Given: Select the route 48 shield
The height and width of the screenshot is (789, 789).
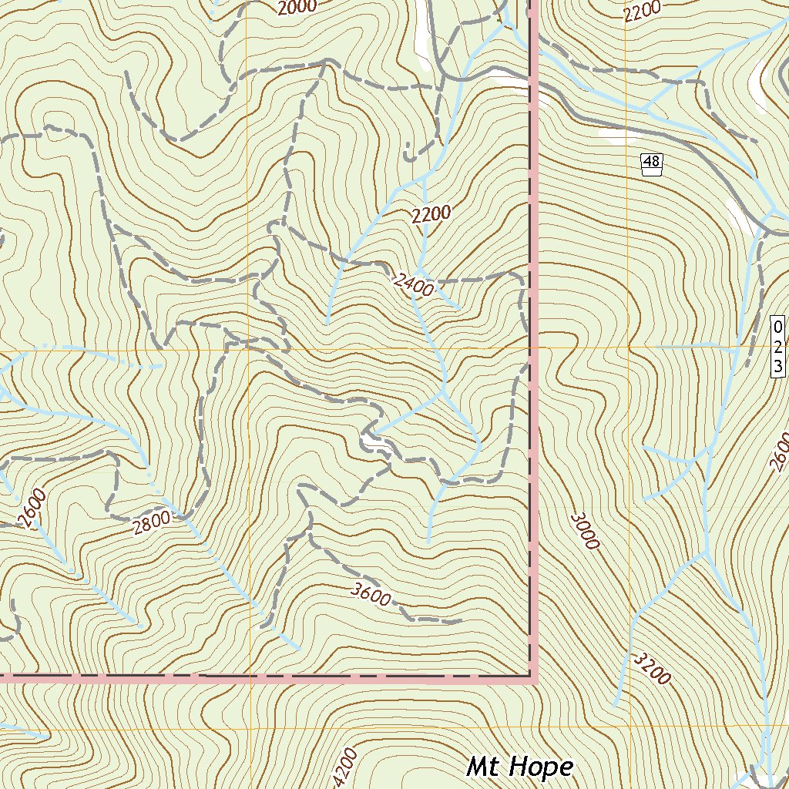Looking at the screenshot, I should [651, 163].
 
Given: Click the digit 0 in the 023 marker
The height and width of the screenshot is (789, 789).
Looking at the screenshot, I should [778, 327].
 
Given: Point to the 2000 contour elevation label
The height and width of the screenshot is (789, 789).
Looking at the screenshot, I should [296, 8].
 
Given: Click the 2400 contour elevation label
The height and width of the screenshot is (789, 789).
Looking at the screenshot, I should [414, 283].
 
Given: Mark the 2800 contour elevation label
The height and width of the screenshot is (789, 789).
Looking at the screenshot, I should [151, 524].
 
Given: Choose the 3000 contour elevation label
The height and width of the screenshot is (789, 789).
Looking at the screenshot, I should [584, 531].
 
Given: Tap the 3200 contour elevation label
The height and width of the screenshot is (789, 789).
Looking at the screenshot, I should [651, 668].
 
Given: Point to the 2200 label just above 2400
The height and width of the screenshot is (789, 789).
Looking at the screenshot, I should [431, 215].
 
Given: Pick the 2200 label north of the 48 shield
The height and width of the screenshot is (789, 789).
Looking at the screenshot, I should [643, 10].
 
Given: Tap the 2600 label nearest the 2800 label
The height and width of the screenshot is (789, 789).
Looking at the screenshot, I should [35, 509].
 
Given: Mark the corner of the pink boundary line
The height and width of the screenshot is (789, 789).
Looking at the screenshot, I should [532, 679].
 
